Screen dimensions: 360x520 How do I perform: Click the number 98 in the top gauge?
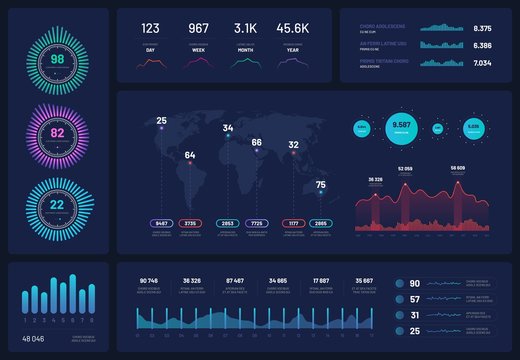[x=57, y=60]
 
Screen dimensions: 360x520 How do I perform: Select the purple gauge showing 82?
[x=57, y=133]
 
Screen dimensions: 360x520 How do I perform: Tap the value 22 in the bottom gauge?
[x=57, y=205]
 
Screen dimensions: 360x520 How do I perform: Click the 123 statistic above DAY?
[x=150, y=28]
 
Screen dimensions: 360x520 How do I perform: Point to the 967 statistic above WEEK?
[x=198, y=28]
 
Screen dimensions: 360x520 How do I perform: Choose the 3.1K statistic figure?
[x=246, y=28]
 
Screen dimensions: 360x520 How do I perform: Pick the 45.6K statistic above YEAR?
[x=294, y=28]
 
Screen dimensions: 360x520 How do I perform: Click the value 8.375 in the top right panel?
[x=482, y=28]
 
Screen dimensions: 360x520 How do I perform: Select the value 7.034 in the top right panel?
[x=482, y=63]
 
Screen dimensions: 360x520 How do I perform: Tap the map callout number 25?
[x=162, y=120]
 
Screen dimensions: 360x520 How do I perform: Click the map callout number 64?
[x=190, y=155]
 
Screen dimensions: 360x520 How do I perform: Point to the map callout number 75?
[x=320, y=185]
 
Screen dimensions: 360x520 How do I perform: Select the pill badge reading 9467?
[x=162, y=223]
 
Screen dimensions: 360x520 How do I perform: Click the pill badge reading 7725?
[x=257, y=223]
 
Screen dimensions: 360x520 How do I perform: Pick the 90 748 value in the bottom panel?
[x=150, y=280]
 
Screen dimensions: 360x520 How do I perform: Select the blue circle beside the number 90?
[x=400, y=284]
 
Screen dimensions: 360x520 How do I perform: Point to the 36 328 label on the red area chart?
[x=376, y=179]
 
